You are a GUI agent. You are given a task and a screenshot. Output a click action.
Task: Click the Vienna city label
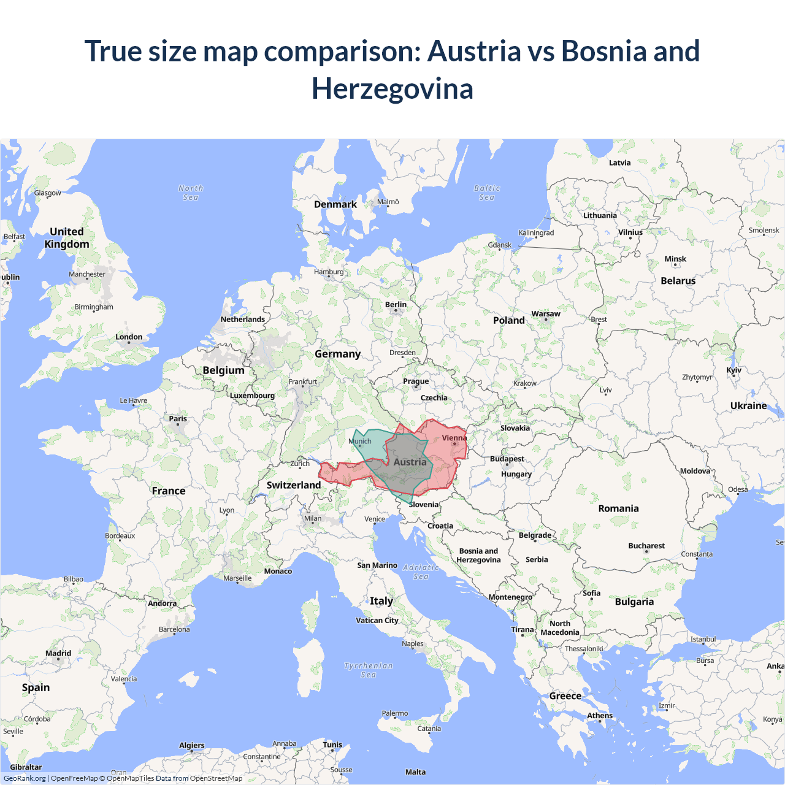(454, 438)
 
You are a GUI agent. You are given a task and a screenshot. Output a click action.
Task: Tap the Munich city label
(360, 441)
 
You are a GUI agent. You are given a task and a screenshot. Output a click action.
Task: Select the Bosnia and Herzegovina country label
(478, 556)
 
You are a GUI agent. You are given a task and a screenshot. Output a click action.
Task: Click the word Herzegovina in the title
(392, 89)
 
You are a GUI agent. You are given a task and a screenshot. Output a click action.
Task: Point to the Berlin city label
(396, 305)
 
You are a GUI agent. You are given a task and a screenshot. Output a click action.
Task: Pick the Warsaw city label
(546, 314)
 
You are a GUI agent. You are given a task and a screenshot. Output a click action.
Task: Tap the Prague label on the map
(416, 381)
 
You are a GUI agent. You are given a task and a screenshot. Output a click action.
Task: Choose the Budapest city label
(507, 459)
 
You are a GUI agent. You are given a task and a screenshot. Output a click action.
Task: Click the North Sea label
(191, 193)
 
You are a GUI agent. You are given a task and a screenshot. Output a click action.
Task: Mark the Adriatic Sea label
(421, 572)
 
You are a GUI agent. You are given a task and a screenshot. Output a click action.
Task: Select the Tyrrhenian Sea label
(369, 670)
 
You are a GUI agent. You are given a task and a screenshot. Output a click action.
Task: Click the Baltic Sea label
(487, 193)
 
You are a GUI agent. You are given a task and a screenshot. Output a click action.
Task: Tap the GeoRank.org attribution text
(25, 778)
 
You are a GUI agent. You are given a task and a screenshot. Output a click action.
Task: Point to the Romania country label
(618, 508)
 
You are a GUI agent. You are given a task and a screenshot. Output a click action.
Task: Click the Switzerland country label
(294, 485)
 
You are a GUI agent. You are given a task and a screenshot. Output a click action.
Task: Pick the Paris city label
(178, 419)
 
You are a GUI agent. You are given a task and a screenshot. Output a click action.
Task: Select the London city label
(129, 337)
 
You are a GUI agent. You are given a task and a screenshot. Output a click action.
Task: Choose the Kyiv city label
(733, 370)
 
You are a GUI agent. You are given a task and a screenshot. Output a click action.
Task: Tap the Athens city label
(600, 716)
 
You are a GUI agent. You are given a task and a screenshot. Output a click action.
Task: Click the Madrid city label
(58, 653)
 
